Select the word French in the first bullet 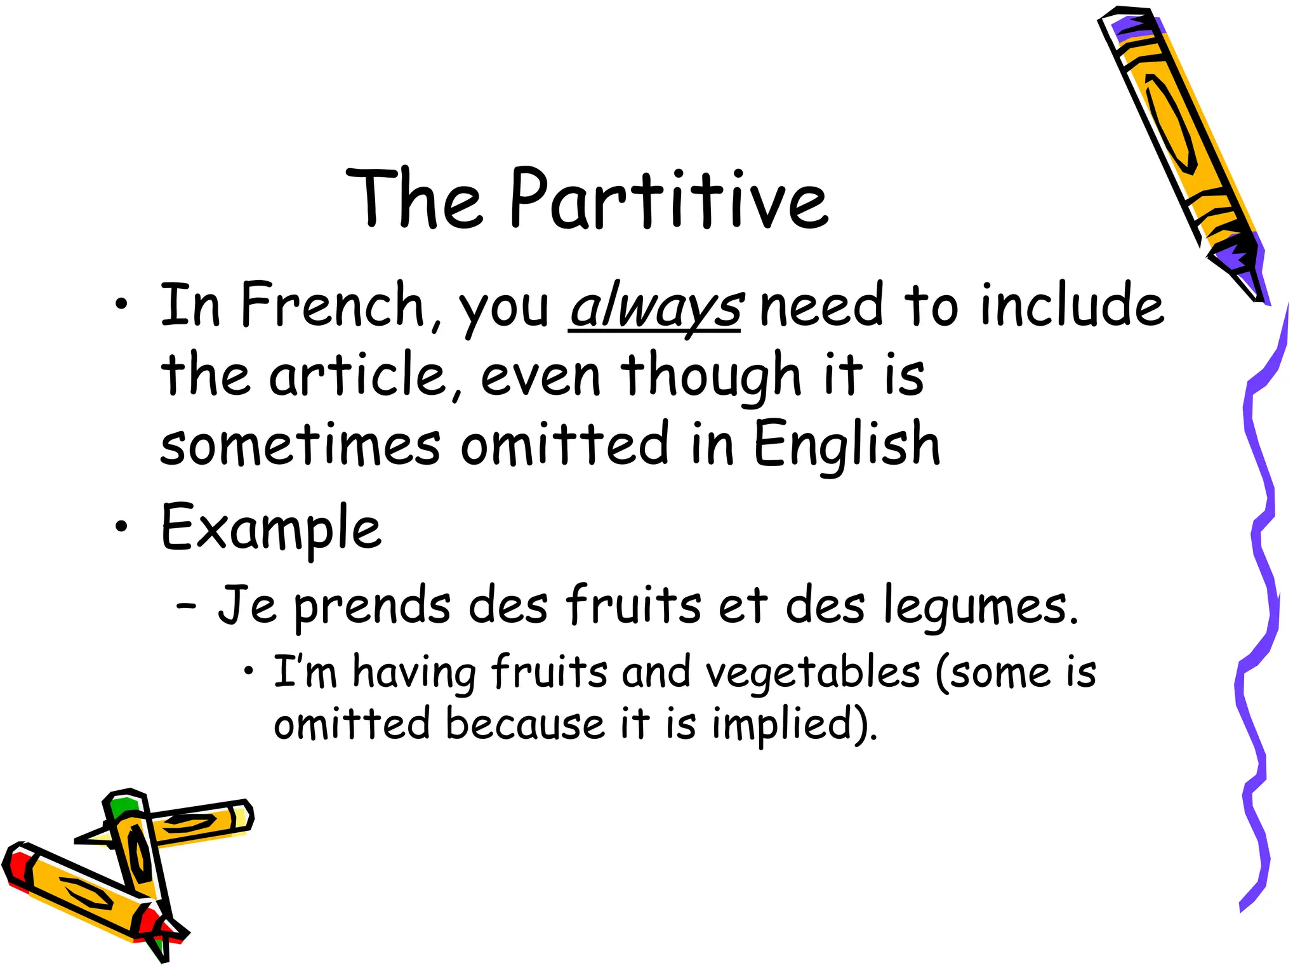[x=332, y=306]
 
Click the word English [x=846, y=445]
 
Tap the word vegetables [x=812, y=673]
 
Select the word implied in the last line [x=790, y=724]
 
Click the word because [x=525, y=724]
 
